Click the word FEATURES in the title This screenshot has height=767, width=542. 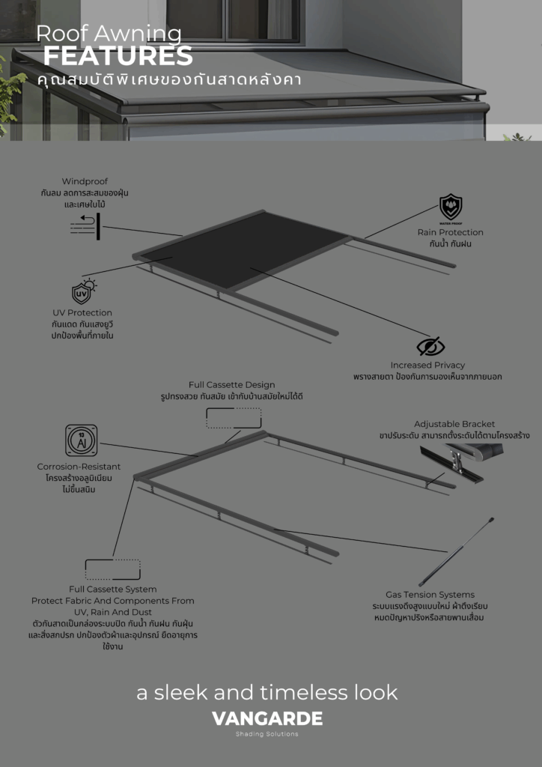[118, 56]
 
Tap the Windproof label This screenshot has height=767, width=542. [85, 181]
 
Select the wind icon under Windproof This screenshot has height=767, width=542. [85, 226]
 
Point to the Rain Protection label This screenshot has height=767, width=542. [450, 232]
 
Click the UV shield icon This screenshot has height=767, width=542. [84, 292]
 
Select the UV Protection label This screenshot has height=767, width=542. [82, 313]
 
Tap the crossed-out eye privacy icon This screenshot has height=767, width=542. [430, 346]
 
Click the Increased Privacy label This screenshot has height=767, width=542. [427, 365]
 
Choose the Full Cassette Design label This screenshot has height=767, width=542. [231, 385]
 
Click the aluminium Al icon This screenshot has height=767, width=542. [81, 440]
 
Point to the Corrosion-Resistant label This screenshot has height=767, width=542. [79, 467]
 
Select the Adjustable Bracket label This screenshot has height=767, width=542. [454, 424]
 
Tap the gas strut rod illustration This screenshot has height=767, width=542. [456, 552]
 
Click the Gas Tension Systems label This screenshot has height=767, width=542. [430, 595]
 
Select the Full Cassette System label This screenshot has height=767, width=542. [113, 589]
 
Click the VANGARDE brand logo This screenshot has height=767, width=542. [267, 718]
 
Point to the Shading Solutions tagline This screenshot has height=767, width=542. [267, 734]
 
